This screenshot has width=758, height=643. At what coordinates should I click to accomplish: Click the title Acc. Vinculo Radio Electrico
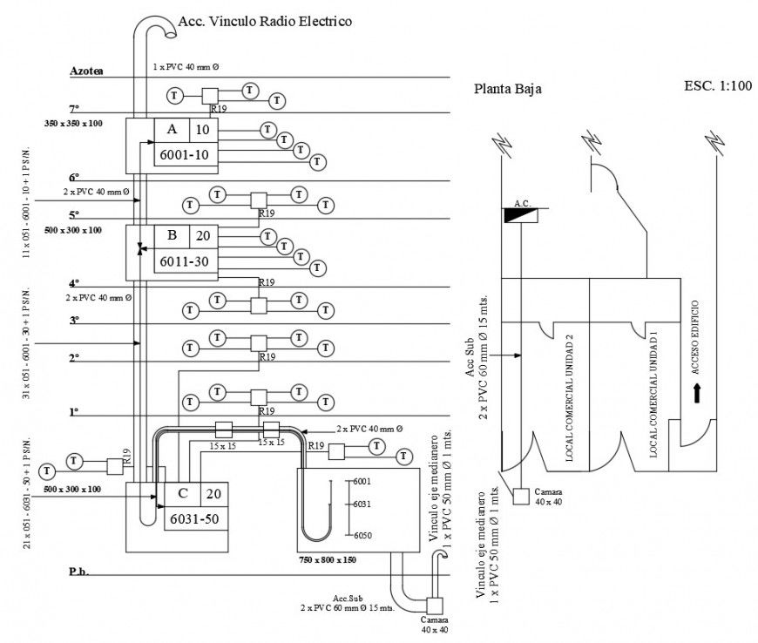265,21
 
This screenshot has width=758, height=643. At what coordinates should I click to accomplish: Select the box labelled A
172,129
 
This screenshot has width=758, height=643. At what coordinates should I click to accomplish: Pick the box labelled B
172,235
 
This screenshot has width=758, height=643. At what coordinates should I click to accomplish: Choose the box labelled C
182,493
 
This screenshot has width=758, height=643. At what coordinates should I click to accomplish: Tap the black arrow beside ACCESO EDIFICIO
696,394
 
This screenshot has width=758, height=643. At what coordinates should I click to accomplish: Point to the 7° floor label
74,108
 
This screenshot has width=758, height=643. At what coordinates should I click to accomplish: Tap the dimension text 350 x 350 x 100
73,124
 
